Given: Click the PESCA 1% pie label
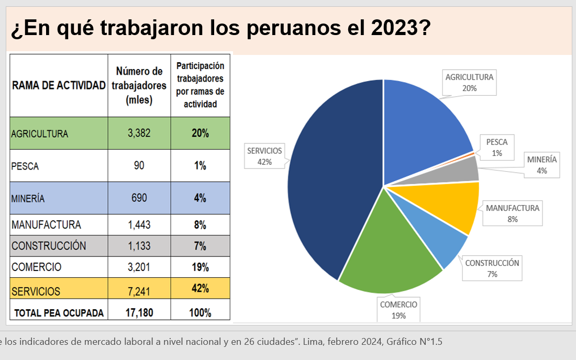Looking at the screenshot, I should coord(497,148).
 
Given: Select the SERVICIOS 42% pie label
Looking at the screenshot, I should coord(264,156).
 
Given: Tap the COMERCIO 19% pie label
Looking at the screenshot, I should coord(398,310).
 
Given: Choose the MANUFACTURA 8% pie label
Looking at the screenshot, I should coord(512,213).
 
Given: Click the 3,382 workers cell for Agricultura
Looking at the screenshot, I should coord(139,133).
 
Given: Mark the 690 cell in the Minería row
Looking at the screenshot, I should coord(139,198).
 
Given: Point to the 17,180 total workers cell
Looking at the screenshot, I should coord(139,313).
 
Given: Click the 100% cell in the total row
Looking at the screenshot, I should coord(200,313).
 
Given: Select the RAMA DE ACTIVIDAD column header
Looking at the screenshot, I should coord(59,85).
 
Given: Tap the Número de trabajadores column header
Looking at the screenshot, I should coord(139,85).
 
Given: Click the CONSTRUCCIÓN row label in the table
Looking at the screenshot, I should coord(49,246).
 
